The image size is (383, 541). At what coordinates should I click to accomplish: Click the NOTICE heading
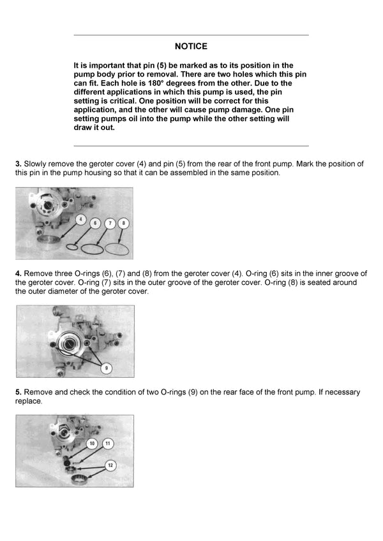click(x=191, y=47)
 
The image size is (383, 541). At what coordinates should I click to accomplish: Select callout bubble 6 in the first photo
click(x=94, y=223)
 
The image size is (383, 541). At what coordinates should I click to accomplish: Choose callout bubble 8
click(x=124, y=223)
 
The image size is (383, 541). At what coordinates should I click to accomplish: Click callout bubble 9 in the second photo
click(x=106, y=368)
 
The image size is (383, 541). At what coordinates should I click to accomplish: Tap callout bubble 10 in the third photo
click(x=93, y=442)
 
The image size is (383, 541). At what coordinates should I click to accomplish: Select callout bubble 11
click(x=108, y=442)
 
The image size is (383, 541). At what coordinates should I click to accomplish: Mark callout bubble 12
click(x=110, y=465)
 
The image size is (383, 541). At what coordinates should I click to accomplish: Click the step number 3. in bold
click(x=19, y=164)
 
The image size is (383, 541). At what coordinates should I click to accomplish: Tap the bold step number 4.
click(x=19, y=273)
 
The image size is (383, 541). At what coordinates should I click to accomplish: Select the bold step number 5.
click(x=19, y=393)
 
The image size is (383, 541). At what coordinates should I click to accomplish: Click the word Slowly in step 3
click(x=37, y=164)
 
